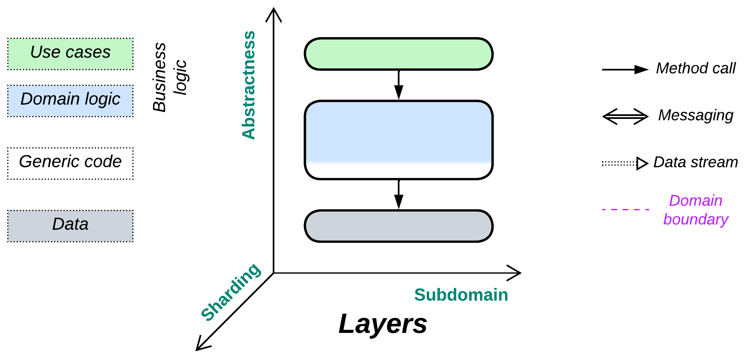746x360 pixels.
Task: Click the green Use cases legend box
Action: click(70, 54)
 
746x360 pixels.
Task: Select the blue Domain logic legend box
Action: click(70, 101)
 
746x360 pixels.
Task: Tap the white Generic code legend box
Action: click(70, 163)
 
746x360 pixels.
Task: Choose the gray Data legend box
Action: click(70, 226)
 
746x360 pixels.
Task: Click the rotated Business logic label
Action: click(169, 77)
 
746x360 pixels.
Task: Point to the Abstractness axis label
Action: click(249, 85)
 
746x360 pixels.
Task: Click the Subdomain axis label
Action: click(461, 295)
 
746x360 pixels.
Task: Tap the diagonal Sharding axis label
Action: click(231, 292)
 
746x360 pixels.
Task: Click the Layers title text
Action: click(383, 324)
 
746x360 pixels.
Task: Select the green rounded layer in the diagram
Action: click(399, 54)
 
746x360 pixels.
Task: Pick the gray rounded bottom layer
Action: click(399, 226)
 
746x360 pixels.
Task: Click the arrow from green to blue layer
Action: click(399, 85)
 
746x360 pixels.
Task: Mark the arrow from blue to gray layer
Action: click(399, 194)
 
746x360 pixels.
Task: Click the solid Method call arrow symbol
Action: click(625, 70)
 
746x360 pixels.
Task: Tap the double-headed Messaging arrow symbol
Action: click(625, 116)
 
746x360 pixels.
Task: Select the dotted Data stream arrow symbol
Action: click(625, 164)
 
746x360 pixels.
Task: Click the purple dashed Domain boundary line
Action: click(625, 209)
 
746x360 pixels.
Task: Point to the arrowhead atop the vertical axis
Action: click(274, 14)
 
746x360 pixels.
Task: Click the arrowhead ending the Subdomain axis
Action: click(515, 273)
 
